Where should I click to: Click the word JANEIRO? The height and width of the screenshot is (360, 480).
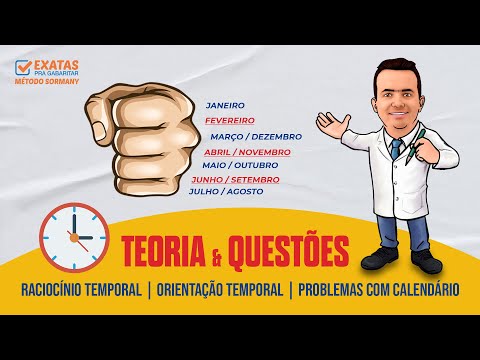225,104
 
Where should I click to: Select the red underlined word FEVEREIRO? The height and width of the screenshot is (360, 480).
232,120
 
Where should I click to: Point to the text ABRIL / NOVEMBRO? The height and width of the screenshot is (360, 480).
248,152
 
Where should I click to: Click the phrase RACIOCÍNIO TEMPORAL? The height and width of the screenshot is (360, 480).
81,290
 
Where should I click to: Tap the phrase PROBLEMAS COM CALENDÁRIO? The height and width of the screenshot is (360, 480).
378,290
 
